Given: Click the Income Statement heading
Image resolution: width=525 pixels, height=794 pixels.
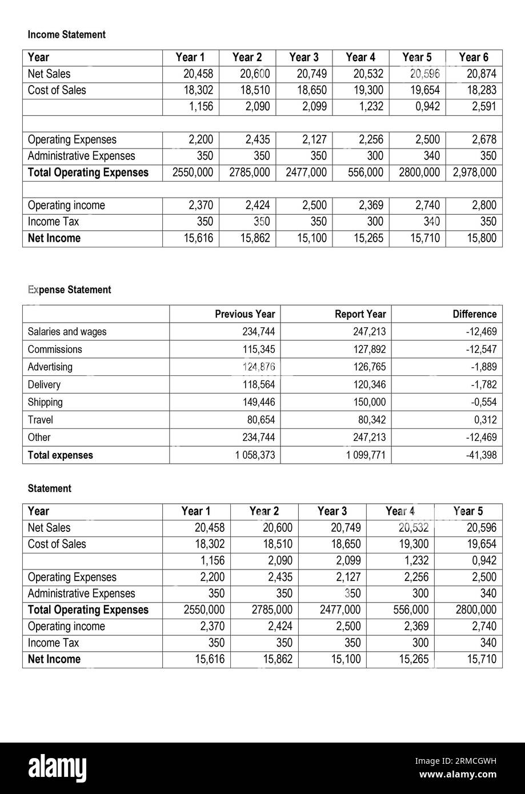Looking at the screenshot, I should (66, 35).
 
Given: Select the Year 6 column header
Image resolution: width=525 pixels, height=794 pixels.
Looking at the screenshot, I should (474, 57).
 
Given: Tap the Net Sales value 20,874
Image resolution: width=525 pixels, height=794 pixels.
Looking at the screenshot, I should (482, 74).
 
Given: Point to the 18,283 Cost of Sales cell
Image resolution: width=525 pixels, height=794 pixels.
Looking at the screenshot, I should (482, 90).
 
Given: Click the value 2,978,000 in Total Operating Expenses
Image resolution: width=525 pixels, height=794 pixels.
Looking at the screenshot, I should (475, 173).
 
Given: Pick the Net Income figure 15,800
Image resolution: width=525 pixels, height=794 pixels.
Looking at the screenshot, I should (482, 238).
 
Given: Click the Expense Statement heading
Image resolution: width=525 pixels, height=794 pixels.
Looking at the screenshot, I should (69, 290).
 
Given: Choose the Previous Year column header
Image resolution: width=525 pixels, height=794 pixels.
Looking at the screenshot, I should (245, 314).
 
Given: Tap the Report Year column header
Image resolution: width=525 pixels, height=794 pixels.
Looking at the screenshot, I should (360, 314).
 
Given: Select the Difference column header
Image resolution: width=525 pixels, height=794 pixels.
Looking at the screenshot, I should (474, 314).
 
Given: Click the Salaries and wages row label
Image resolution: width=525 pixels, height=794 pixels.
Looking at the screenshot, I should (67, 332).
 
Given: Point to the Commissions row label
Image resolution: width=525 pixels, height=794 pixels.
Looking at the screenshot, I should (55, 350).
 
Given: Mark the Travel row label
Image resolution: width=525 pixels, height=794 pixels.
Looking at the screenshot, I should (41, 420).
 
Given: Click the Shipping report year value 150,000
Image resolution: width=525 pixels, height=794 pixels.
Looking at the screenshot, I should (370, 402).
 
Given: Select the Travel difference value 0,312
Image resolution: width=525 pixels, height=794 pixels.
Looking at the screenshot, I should (485, 420).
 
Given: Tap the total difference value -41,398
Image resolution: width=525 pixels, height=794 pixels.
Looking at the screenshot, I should (481, 455).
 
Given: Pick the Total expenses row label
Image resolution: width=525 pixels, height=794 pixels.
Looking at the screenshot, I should (60, 455).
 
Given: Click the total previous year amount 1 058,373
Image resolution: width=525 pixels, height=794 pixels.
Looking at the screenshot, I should (255, 455).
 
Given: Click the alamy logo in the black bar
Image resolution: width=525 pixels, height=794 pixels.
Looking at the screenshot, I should (57, 768).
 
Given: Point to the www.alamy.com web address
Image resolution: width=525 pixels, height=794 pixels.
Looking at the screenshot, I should (458, 775).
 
